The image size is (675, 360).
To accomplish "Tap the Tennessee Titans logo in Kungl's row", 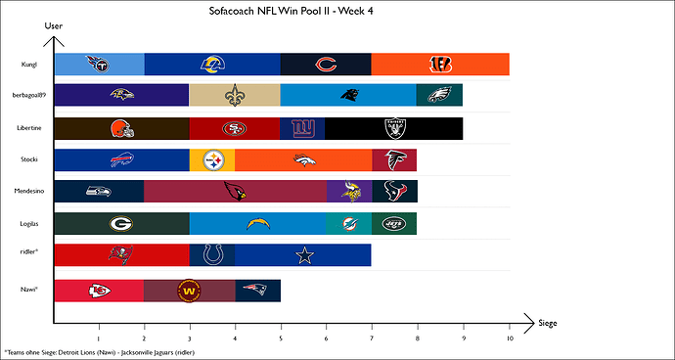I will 99,65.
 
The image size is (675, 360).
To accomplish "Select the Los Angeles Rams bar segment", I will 212,65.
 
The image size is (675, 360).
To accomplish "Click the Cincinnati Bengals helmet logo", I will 439,65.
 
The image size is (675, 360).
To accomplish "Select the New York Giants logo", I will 302,128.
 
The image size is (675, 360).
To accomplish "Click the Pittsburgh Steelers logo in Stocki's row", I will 212,159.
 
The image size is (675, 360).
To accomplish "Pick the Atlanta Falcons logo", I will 393,159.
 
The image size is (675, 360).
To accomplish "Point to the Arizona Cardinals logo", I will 235,192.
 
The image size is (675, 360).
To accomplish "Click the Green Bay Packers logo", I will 121,223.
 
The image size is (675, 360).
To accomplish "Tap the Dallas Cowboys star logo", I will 302,254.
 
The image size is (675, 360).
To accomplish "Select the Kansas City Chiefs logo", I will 99,291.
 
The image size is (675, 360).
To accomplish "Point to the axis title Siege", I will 548,323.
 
